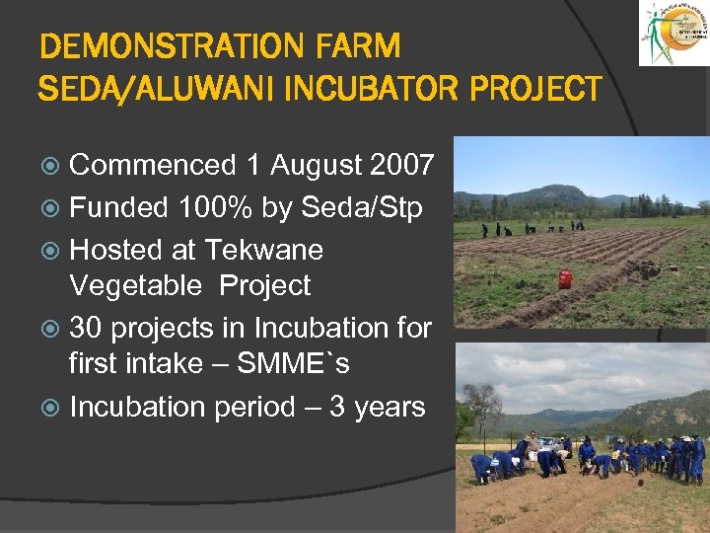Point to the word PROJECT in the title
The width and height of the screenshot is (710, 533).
(535, 89)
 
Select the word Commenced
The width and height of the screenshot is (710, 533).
(153, 165)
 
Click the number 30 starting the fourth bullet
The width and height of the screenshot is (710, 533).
(86, 328)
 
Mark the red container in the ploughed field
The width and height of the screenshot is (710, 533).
(565, 278)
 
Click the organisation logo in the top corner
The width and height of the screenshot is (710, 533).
(674, 35)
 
